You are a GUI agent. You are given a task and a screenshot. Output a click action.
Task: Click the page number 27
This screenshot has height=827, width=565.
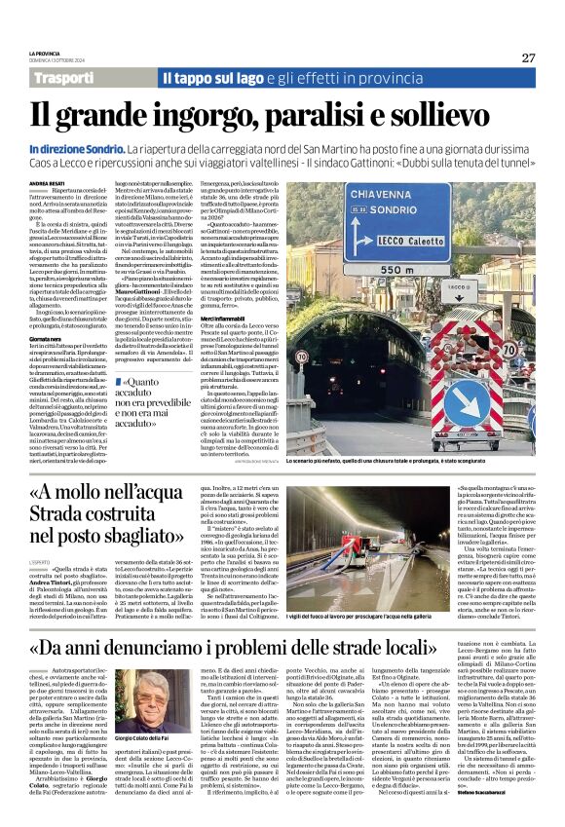[x=527, y=57]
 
